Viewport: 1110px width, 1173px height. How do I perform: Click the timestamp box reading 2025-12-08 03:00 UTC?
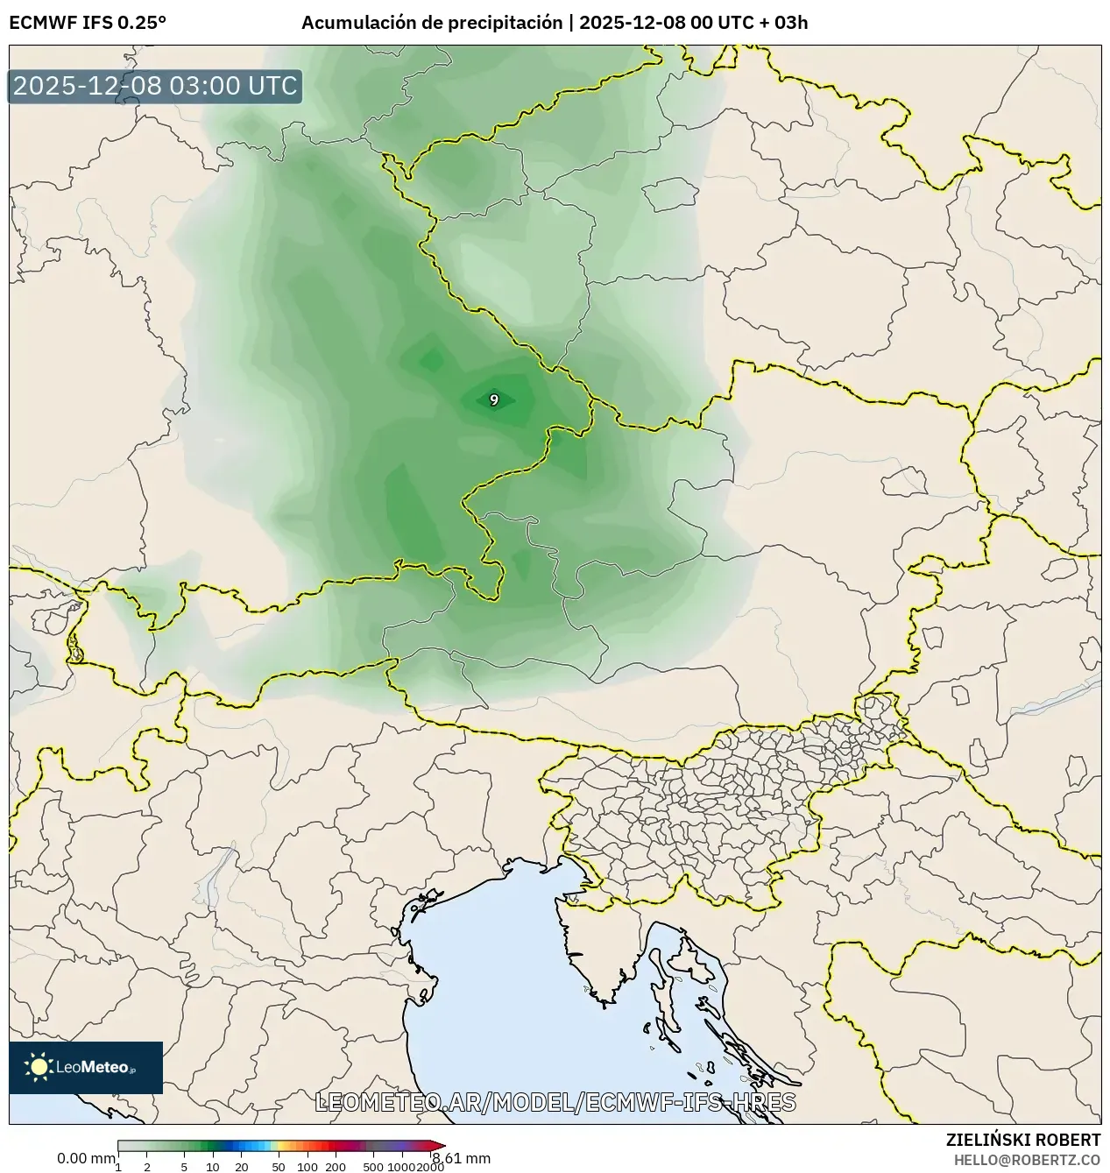155,86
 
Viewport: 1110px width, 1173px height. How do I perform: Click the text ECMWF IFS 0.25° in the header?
87,23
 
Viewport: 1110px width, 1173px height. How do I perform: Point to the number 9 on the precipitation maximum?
494,400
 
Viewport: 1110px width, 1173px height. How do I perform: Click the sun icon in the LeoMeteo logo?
39,1066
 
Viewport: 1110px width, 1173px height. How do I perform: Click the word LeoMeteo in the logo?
92,1067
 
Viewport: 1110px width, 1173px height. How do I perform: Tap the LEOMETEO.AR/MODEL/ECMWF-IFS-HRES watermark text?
555,1102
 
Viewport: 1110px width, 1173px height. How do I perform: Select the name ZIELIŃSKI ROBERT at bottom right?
1022,1140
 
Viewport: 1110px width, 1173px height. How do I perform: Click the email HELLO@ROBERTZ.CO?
1027,1160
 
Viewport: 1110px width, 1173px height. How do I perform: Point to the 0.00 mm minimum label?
85,1158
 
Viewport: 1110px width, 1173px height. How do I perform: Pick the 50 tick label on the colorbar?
279,1167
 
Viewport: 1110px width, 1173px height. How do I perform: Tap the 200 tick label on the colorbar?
336,1167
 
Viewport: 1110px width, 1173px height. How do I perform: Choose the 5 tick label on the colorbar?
184,1167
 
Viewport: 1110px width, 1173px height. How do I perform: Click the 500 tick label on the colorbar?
373,1167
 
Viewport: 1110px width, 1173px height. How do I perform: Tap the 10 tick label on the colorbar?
213,1167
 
